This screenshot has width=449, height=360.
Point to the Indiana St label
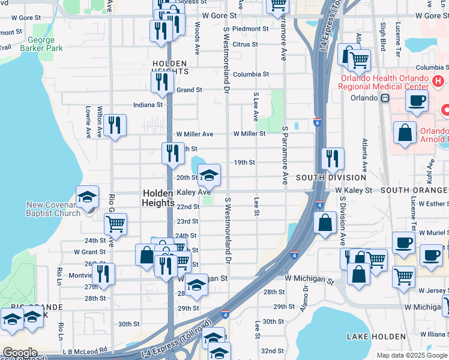(x=148, y=104)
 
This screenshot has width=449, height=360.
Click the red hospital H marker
(x=439, y=80)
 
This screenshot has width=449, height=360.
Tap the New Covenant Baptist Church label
(x=53, y=209)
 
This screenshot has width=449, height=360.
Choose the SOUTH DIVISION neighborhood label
(x=331, y=178)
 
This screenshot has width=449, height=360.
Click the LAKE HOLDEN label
(x=373, y=337)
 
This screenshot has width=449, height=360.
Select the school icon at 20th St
(x=209, y=176)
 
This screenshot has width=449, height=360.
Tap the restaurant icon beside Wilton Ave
(x=114, y=126)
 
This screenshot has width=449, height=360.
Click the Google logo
(x=19, y=353)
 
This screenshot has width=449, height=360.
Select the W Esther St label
(x=431, y=203)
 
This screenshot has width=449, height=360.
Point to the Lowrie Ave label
(x=88, y=122)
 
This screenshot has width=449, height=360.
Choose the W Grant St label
(x=90, y=252)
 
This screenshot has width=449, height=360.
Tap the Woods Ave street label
(x=197, y=38)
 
